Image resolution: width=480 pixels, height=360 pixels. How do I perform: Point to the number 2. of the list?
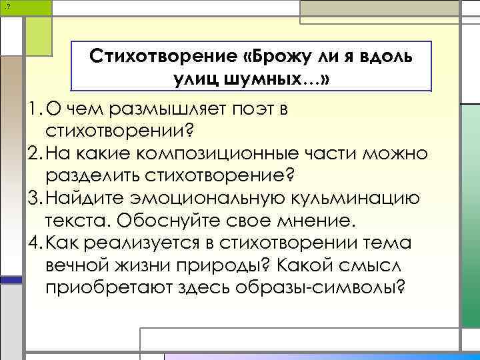35,154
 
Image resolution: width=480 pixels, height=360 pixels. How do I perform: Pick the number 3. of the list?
35,199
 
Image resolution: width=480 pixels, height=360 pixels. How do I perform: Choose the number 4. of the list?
35,243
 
